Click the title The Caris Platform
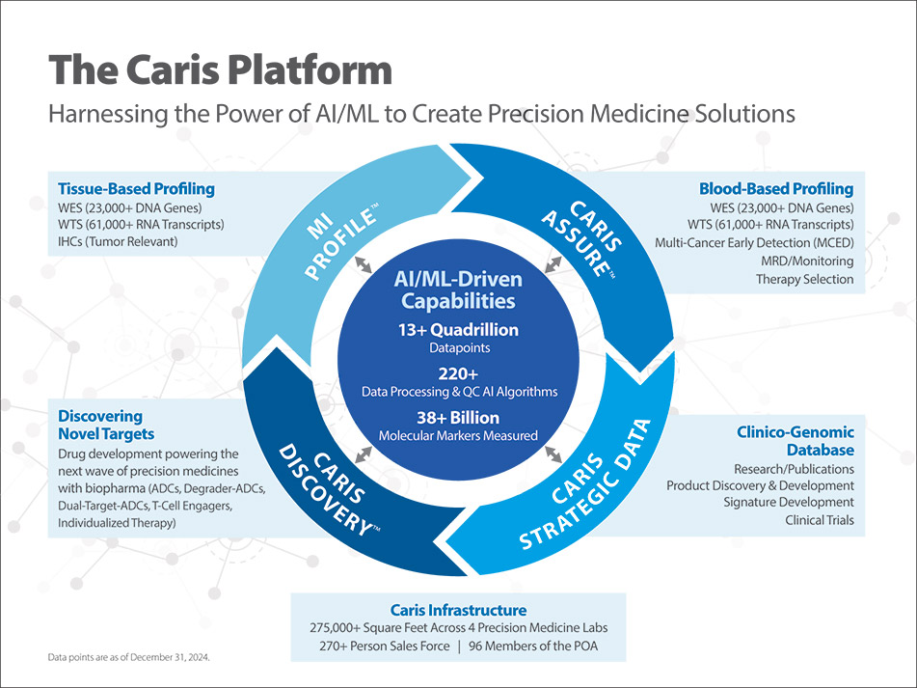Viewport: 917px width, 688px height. coord(221,70)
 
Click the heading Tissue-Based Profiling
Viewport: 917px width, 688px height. coord(136,188)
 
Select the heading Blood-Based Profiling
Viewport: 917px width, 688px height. coord(775,188)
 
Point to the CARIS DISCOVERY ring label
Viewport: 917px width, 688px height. coord(323,487)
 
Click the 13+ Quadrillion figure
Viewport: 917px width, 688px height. coord(458,330)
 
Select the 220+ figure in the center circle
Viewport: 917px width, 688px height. coord(458,374)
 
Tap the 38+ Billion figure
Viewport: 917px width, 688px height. coord(458,418)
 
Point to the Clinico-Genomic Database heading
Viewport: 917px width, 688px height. coord(796,441)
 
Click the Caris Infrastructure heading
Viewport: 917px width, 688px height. coord(458,610)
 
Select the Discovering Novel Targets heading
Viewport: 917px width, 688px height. coord(100,425)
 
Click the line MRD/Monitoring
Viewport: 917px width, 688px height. coord(805,261)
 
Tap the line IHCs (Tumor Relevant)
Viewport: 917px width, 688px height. coord(119,241)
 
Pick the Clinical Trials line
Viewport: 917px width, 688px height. coord(819,521)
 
